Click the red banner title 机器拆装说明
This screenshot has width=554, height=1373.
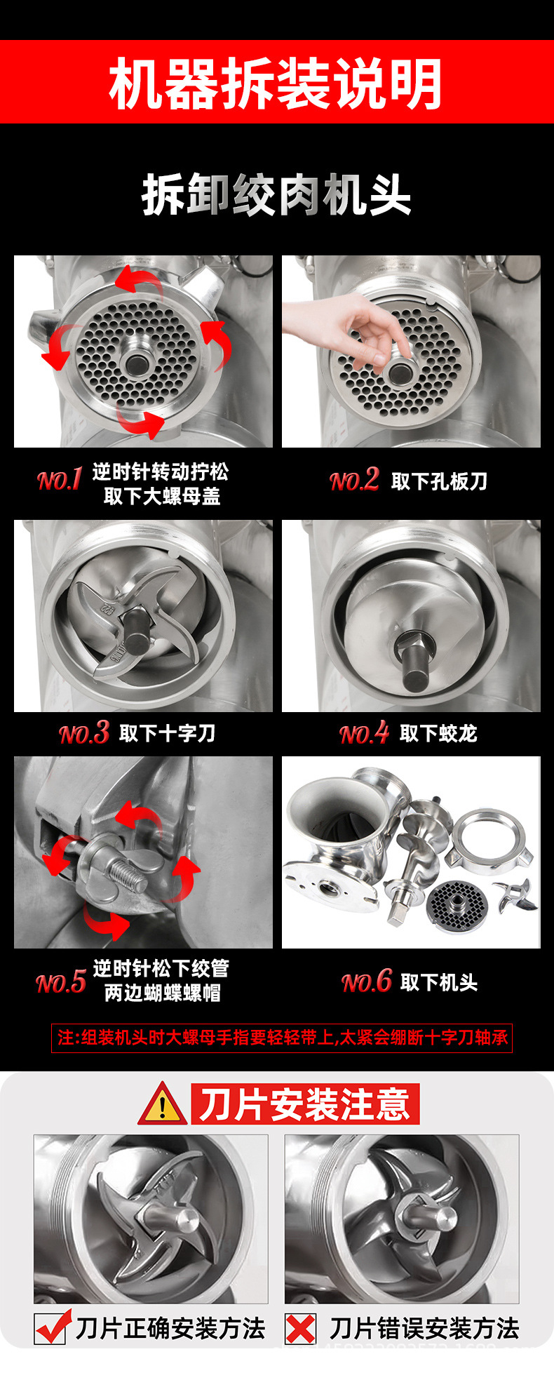[x=276, y=83]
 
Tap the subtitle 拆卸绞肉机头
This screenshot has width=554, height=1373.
[x=276, y=194]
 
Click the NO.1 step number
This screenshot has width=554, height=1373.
[x=60, y=480]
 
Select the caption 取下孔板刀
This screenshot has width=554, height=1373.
[x=439, y=481]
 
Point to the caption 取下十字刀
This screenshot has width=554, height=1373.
[x=167, y=734]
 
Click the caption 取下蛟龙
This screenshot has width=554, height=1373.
[x=438, y=734]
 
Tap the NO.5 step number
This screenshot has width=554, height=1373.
[x=61, y=982]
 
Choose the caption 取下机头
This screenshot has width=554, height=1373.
[x=438, y=982]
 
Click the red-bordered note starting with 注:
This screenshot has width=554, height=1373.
[x=282, y=1038]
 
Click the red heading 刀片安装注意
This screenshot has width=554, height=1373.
[x=305, y=1104]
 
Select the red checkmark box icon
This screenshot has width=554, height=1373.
[x=52, y=1327]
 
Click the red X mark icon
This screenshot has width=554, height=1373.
[x=301, y=1329]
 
